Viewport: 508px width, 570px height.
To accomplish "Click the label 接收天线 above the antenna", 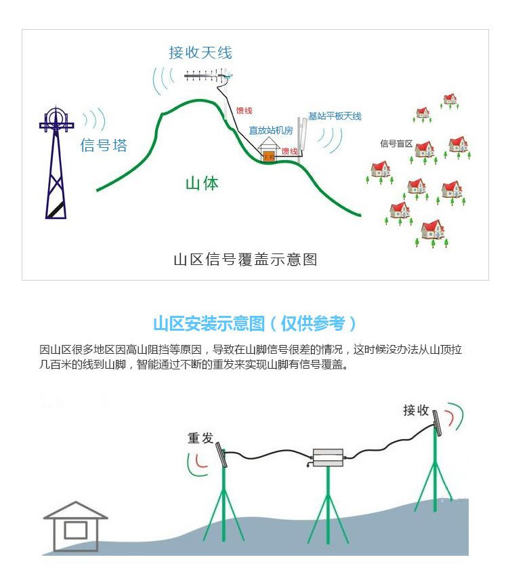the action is [200, 52].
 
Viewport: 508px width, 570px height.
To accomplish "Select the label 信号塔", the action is [104, 145].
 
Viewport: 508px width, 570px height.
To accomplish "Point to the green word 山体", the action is [202, 183].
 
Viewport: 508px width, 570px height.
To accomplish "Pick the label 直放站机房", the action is [270, 129].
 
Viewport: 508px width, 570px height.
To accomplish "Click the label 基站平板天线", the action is [335, 116].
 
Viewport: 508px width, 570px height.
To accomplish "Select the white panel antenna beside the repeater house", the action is [304, 136].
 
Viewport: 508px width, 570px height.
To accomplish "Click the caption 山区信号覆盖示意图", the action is [245, 260].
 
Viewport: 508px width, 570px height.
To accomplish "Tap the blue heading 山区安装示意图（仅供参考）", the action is [254, 323].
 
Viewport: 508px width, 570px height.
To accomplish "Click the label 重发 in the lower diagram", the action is [200, 438].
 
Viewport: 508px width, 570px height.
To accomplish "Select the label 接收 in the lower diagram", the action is [416, 410].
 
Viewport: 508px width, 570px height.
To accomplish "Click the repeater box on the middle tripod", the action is [327, 457].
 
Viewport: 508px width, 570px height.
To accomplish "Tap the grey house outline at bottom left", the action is [75, 525].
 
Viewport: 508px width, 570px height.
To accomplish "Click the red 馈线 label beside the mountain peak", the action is [244, 110].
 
